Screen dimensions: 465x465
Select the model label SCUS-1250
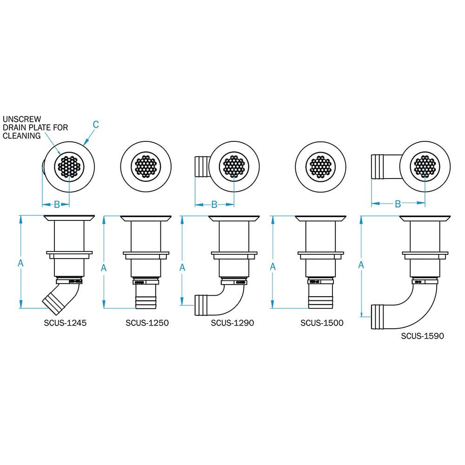[147, 322]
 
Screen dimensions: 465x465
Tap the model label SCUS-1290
[232, 322]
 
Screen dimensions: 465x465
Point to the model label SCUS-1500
[322, 322]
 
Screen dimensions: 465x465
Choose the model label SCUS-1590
[422, 335]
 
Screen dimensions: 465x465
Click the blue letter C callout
[95, 124]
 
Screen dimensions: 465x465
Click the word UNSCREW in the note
[18, 119]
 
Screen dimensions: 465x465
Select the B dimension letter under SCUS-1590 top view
[398, 204]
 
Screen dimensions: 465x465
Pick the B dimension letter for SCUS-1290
[214, 204]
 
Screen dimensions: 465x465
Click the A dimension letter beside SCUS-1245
[20, 263]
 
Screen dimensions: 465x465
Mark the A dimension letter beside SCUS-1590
[361, 265]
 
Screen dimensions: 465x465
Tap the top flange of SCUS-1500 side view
[320, 218]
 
